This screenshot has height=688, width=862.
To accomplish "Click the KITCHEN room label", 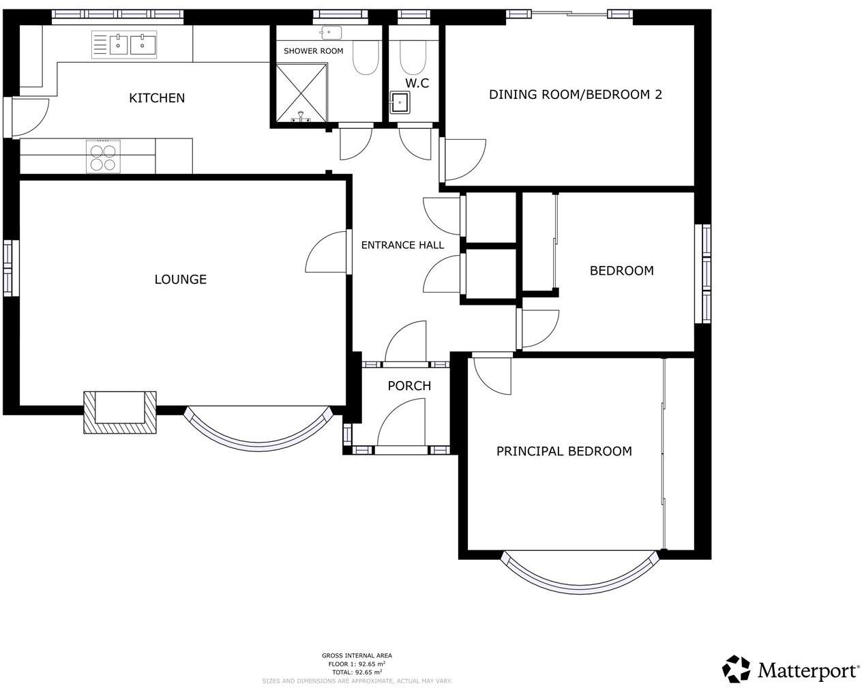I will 157,98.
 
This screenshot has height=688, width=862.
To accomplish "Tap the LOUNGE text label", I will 180,280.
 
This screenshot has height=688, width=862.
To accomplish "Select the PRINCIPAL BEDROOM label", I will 563,451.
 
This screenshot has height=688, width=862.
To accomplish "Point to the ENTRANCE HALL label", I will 402,245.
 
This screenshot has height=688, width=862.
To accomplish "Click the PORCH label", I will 409,386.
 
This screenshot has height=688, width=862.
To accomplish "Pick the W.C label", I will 417,83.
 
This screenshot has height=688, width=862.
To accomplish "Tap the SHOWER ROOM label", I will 313,51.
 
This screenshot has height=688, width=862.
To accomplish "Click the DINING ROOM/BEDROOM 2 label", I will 575,95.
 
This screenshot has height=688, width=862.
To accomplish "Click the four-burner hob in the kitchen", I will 103,157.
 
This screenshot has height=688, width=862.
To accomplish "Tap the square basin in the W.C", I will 398,103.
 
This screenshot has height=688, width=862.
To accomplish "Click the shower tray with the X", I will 301,92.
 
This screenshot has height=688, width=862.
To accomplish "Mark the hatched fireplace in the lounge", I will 120,412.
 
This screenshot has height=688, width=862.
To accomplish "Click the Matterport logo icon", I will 737,670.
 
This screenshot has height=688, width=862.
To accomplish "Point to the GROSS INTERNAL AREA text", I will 357,656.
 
